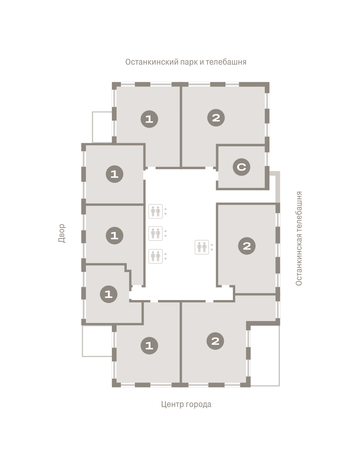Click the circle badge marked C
tap(241, 167)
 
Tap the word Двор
tap(62, 233)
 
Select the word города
tap(199, 405)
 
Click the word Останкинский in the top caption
tap(152, 62)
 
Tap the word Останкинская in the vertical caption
tap(299, 260)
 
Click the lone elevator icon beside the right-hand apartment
tap(202, 247)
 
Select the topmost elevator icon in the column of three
tap(156, 211)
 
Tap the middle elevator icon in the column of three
tap(156, 233)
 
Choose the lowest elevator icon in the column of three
tap(156, 256)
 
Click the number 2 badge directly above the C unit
tap(216, 118)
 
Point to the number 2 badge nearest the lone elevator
tap(246, 246)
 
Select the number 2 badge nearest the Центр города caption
tap(215, 341)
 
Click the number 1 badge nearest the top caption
tap(149, 119)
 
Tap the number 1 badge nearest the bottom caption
tap(149, 346)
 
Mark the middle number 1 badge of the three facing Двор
tap(114, 235)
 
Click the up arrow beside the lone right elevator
tap(211, 245)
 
